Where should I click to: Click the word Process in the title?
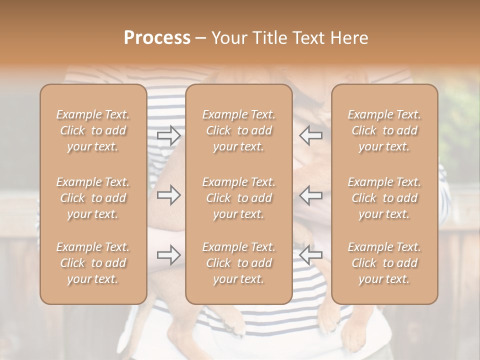tap(157, 38)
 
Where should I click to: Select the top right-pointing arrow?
tap(169, 135)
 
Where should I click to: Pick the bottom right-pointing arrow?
tap(169, 255)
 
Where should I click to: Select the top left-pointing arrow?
tap(311, 135)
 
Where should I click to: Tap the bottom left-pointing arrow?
tap(311, 255)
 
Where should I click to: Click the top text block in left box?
tap(93, 130)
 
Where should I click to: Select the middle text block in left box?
tap(93, 198)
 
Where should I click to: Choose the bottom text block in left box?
tap(93, 263)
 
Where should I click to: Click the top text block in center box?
tap(239, 130)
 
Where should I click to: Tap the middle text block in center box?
tap(239, 198)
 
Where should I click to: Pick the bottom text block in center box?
tap(239, 263)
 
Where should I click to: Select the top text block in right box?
tap(384, 130)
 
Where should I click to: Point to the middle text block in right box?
tap(384, 198)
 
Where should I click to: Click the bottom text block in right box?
tap(384, 263)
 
